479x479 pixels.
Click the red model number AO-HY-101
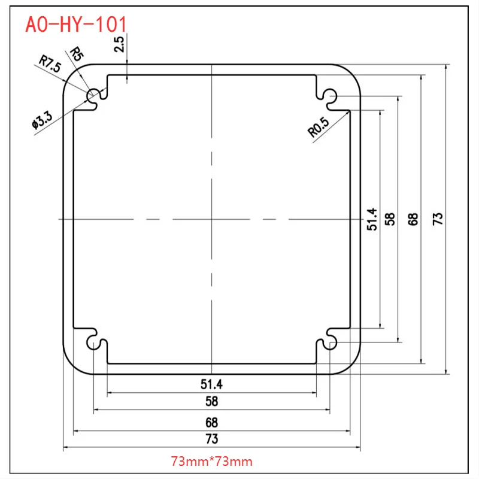[x=76, y=24]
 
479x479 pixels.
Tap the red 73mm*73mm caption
[x=212, y=462]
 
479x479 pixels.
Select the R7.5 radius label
[x=50, y=63]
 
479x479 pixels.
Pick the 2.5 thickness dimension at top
[x=120, y=45]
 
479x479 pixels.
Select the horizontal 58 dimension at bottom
[x=211, y=401]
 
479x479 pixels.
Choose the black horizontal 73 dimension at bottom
[x=211, y=438]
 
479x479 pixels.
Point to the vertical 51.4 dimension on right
[x=372, y=219]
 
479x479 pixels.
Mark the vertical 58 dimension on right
[x=390, y=219]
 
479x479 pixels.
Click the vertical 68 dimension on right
[x=413, y=219]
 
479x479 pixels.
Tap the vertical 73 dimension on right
[x=438, y=219]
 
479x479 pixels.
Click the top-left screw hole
[x=94, y=96]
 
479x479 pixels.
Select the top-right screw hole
[x=329, y=95]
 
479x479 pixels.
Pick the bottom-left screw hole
[x=94, y=342]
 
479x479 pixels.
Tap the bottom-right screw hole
[x=330, y=342]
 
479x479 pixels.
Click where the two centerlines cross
[x=212, y=219]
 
